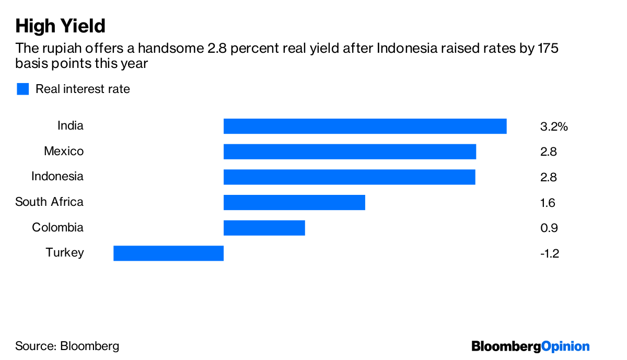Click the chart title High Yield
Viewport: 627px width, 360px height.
click(x=60, y=26)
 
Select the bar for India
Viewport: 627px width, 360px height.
click(x=365, y=126)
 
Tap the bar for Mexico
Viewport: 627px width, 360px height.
click(x=350, y=152)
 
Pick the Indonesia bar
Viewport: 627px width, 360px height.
click(x=349, y=177)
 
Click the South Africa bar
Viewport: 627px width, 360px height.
click(x=294, y=202)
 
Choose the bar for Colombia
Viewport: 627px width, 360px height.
click(x=264, y=228)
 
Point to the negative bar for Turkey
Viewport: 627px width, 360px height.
click(x=168, y=253)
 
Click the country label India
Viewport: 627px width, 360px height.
click(x=70, y=126)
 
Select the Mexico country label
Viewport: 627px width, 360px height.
click(x=63, y=152)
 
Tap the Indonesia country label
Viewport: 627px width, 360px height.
click(x=57, y=177)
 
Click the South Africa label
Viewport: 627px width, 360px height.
click(x=49, y=202)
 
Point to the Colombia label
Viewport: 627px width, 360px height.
click(x=57, y=228)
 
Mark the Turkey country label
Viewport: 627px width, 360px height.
click(x=64, y=253)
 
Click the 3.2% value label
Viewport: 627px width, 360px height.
click(x=553, y=127)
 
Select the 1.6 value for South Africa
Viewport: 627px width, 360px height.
click(x=548, y=203)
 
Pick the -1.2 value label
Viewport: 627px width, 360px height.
click(x=550, y=254)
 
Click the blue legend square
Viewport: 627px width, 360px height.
click(x=22, y=89)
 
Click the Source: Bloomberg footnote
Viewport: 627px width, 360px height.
click(x=67, y=346)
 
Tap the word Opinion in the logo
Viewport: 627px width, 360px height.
click(x=565, y=346)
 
